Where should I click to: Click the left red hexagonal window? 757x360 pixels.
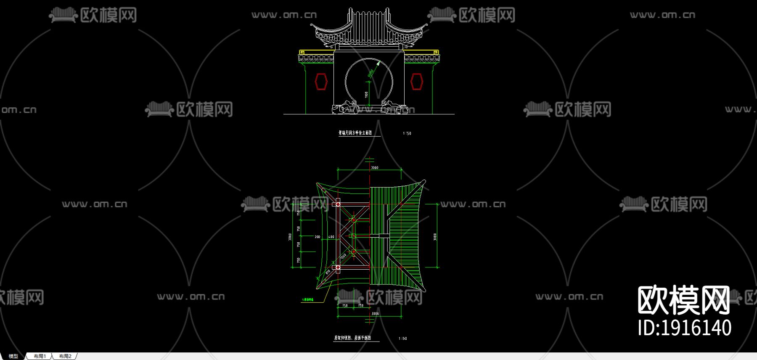coord(321,81)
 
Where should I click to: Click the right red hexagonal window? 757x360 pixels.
coord(416,81)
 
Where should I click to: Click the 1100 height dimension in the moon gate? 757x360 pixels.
coord(366,95)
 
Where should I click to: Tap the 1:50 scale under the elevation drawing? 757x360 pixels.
coord(407,133)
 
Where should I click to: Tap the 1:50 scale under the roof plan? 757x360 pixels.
coord(402,339)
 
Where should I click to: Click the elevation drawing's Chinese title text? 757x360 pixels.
coord(355,133)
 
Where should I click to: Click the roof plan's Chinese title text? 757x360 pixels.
coord(352,338)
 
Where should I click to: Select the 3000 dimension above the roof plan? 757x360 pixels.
coord(374,167)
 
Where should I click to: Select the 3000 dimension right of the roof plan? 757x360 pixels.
coord(435,237)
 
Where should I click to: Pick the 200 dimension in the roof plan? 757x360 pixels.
coord(318,237)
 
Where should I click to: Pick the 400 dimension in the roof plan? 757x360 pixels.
coord(331,237)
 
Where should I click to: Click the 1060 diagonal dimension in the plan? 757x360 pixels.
coord(344,256)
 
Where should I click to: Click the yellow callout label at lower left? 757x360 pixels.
coord(311,300)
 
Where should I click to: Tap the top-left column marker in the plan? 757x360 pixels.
coord(336,205)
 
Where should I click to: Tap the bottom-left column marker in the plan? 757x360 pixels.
coord(336,267)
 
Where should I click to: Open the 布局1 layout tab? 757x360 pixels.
coord(40,356)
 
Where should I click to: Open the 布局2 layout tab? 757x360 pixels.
coord(65,356)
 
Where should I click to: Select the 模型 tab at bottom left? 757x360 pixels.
coord(13,356)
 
